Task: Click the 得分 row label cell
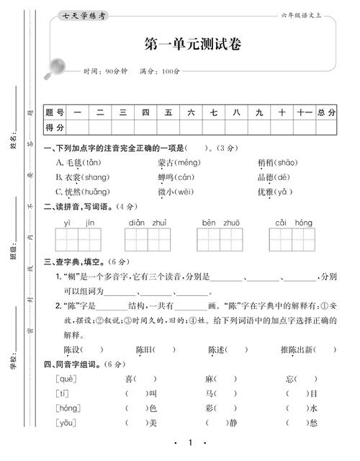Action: [55, 127]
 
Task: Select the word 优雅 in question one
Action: [266, 192]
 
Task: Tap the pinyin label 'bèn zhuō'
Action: [221, 223]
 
